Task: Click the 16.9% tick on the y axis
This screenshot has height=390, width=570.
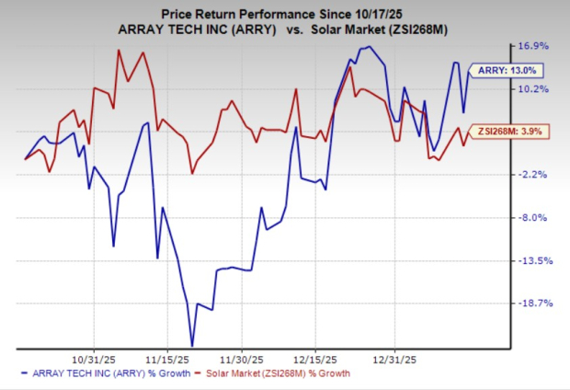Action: pyautogui.click(x=536, y=46)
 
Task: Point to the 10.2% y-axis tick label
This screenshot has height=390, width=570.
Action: pyautogui.click(x=536, y=89)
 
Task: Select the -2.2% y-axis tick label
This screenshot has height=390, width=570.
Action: pyautogui.click(x=536, y=175)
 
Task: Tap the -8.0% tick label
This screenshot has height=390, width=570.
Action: pyautogui.click(x=536, y=218)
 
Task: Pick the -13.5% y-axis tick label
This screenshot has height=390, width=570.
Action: pyautogui.click(x=534, y=261)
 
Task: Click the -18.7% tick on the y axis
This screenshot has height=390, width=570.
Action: pyautogui.click(x=534, y=303)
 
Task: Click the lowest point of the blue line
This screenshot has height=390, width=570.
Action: pyautogui.click(x=192, y=345)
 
